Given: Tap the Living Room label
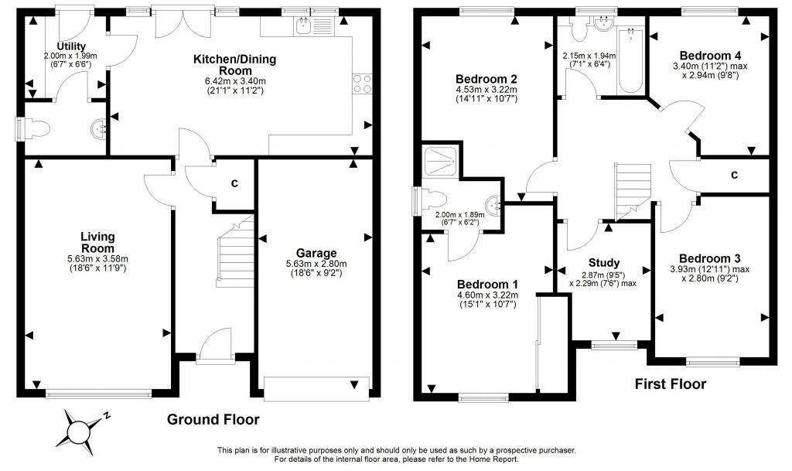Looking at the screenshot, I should pos(97,241).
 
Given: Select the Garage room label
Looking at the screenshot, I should pos(316,253).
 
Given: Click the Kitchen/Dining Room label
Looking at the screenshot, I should pos(234,64).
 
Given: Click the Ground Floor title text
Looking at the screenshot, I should pos(213,420).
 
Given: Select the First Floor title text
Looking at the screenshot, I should pos(670,384).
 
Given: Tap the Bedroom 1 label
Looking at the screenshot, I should pos(486,284).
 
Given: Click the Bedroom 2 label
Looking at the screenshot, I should pos(486,79).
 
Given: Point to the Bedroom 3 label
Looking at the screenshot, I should pos(710,258).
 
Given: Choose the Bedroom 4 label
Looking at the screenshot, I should pos(710,56).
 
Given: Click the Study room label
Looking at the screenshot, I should pos(604,263).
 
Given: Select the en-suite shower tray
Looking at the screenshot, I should pos(441,162).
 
